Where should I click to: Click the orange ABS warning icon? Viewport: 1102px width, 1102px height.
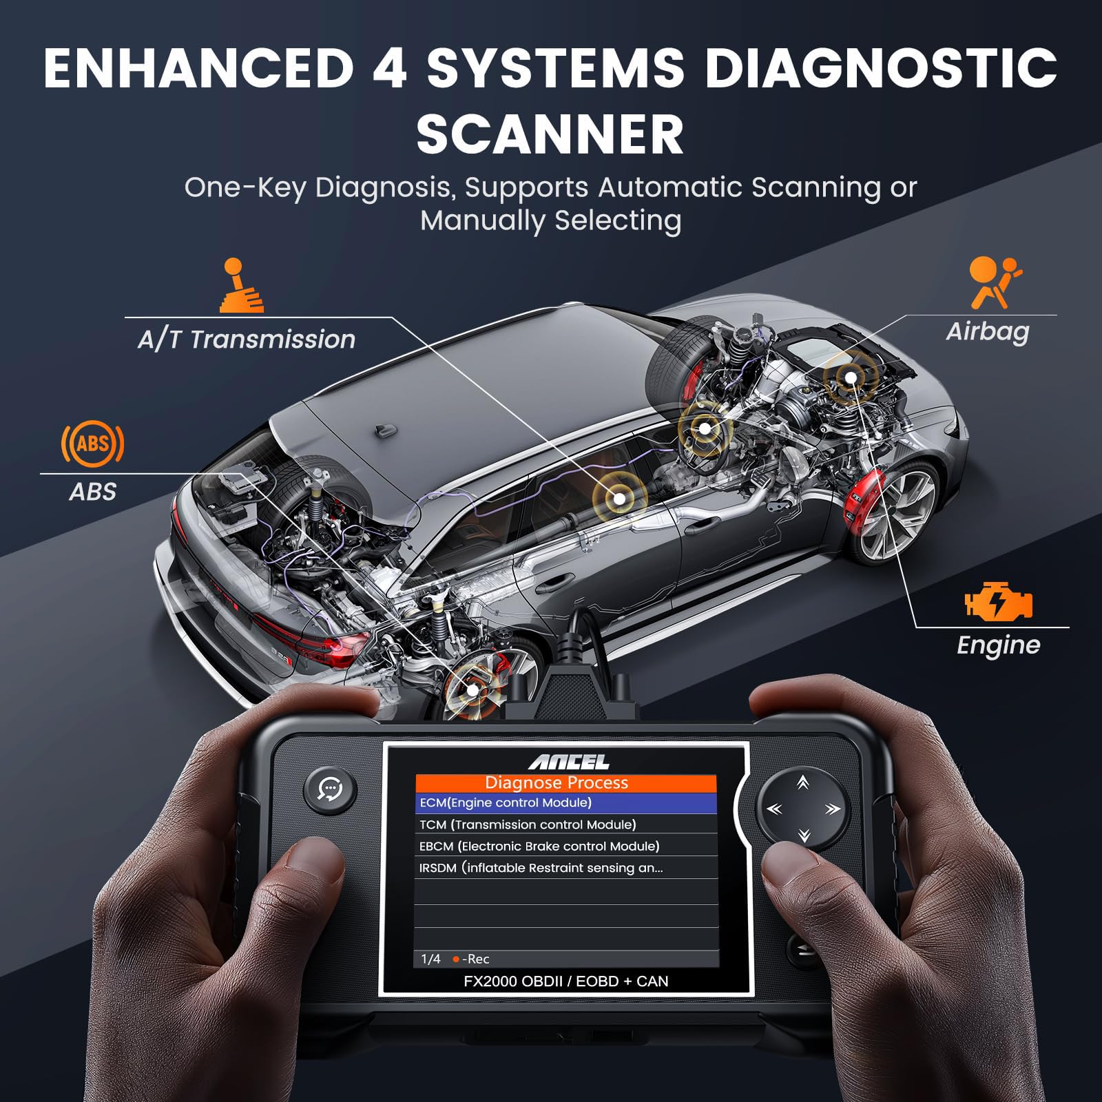(x=93, y=443)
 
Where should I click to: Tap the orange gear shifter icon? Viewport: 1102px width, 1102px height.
(x=240, y=285)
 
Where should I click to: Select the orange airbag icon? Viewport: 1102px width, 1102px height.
(x=995, y=282)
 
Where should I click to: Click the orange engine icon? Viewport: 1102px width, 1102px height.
(x=999, y=602)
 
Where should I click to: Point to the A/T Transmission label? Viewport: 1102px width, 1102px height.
(x=247, y=340)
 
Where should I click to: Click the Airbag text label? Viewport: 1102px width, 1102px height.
(x=988, y=332)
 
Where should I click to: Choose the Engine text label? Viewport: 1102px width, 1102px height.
(x=999, y=646)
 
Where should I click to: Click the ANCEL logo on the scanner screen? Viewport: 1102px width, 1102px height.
(x=569, y=762)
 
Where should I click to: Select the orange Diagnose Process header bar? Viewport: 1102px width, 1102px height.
(x=565, y=783)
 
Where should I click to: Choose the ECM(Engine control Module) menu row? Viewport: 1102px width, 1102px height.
(x=565, y=803)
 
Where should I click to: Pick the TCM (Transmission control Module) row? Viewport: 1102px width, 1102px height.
(x=565, y=824)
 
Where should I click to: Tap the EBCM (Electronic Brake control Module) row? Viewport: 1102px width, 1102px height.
(x=565, y=846)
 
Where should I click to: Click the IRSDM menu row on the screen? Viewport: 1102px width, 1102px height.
(x=565, y=868)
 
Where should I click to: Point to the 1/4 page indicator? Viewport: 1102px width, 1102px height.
(x=430, y=959)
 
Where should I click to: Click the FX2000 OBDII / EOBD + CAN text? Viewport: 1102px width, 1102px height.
(x=565, y=981)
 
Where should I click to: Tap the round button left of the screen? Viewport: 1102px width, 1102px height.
(x=331, y=789)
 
